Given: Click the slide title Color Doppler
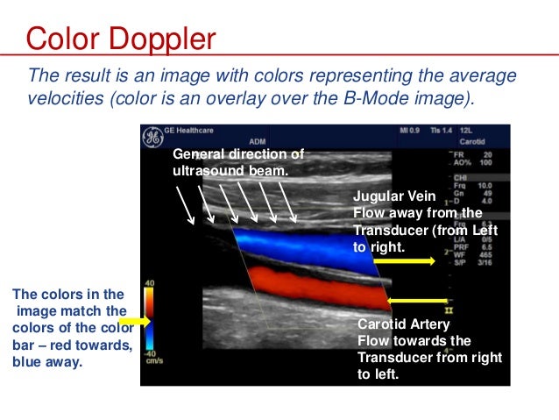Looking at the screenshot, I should pyautogui.click(x=121, y=39).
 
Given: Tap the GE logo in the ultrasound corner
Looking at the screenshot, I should pyautogui.click(x=152, y=138).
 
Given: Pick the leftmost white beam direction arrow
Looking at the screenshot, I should pyautogui.click(x=187, y=204).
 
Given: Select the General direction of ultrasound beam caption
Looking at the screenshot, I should pyautogui.click(x=237, y=161).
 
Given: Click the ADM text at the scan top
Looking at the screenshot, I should pyautogui.click(x=258, y=139).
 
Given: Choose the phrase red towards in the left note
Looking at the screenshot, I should pyautogui.click(x=88, y=344).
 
